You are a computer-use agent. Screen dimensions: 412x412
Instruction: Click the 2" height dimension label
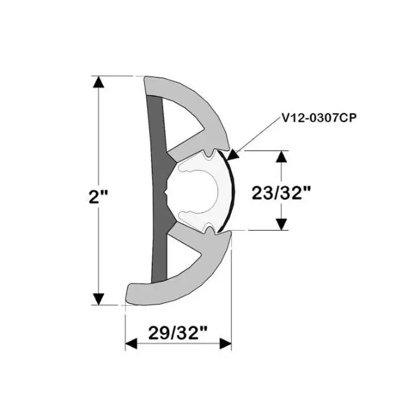(94, 197)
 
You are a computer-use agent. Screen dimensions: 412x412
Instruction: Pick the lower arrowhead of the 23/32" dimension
(282, 224)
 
